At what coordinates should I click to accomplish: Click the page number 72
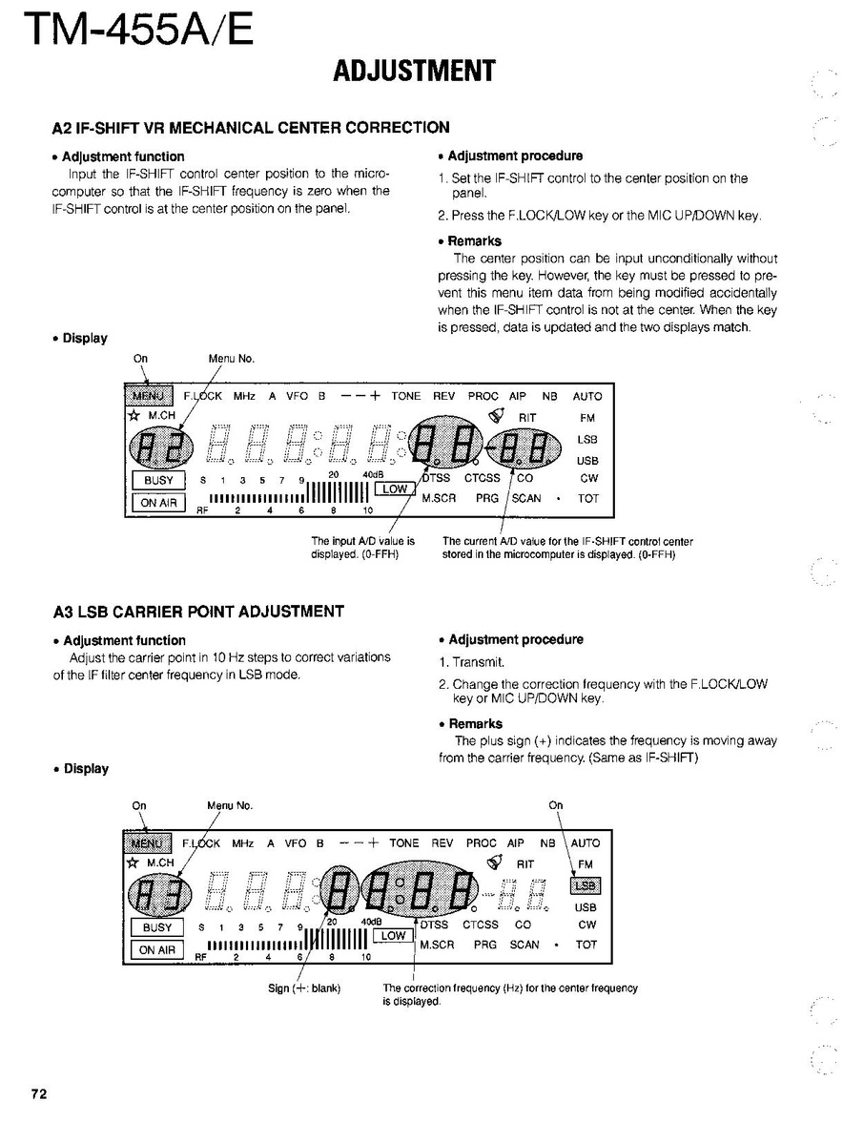tap(38, 1093)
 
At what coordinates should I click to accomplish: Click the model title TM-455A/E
tap(137, 31)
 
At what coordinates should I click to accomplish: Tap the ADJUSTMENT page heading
tap(415, 71)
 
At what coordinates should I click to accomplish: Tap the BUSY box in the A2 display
tap(157, 481)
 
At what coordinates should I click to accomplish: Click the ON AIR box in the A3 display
tap(157, 949)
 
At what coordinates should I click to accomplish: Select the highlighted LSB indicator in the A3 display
tap(585, 886)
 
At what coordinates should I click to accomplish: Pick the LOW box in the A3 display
tap(393, 936)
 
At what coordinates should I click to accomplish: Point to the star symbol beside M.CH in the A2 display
tap(134, 416)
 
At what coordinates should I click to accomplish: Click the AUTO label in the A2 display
tap(587, 396)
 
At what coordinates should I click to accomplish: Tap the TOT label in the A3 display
tap(586, 945)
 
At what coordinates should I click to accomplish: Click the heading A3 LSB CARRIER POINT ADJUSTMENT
tap(198, 612)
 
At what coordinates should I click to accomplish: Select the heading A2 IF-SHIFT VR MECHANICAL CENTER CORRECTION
tap(251, 127)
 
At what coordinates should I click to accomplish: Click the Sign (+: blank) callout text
tap(304, 987)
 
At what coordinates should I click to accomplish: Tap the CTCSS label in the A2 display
tap(482, 478)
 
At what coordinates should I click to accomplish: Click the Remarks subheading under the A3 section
tap(476, 724)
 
